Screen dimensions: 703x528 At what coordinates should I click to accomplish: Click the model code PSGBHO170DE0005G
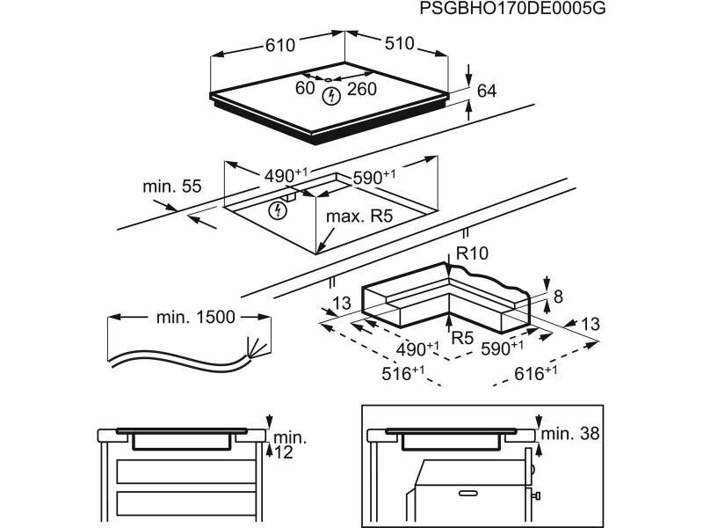512,8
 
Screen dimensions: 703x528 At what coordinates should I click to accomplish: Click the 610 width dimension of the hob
280,45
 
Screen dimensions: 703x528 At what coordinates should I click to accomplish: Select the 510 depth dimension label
399,43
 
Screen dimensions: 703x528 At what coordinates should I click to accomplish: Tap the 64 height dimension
487,92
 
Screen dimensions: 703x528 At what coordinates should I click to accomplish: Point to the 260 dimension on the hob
361,89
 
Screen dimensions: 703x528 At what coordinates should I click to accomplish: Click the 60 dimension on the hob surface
305,88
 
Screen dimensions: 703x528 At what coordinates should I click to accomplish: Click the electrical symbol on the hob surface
332,96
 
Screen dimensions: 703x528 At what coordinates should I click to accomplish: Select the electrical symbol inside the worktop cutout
278,210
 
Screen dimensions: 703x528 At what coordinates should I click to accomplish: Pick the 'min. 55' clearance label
172,187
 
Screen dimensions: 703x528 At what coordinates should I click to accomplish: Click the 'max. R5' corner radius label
359,216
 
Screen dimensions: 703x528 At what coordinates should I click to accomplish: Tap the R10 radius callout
472,253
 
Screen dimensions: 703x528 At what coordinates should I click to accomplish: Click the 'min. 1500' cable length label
195,318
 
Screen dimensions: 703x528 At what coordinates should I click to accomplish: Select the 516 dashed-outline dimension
402,373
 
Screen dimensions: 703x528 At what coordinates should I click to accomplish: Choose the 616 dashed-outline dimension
535,373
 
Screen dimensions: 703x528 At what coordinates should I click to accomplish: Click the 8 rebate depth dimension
558,297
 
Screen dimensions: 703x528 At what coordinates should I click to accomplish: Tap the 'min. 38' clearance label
569,434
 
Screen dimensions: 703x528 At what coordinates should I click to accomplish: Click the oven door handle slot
470,494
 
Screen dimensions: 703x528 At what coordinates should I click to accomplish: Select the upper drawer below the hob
185,472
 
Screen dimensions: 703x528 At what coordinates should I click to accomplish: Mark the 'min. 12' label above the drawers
287,444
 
